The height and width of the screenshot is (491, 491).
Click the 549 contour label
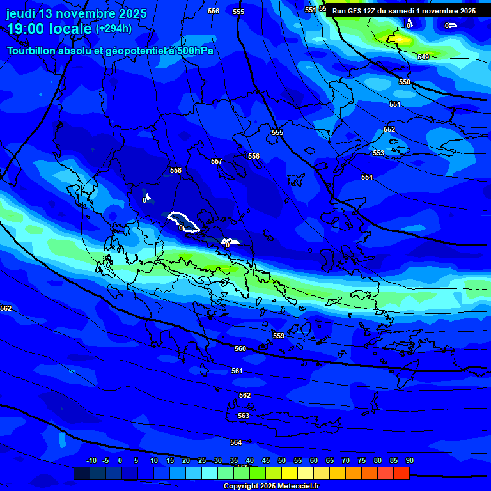pyautogui.click(x=423, y=57)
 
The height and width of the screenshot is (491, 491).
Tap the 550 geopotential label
pyautogui.click(x=405, y=82)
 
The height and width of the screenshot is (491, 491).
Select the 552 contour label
pyautogui.click(x=389, y=129)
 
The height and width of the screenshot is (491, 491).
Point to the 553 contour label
pyautogui.click(x=378, y=153)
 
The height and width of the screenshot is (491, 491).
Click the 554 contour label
pyautogui.click(x=367, y=177)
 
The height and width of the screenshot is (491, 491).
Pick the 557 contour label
pyautogui.click(x=217, y=161)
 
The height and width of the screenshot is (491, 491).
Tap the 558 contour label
pyautogui.click(x=176, y=170)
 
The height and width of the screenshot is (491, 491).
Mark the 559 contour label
pyautogui.click(x=278, y=336)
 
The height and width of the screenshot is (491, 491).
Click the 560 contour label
pyautogui.click(x=240, y=348)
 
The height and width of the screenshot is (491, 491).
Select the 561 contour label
pyautogui.click(x=237, y=371)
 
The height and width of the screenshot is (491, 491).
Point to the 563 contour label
pyautogui.click(x=244, y=416)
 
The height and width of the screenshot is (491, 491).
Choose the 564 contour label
pyautogui.click(x=236, y=442)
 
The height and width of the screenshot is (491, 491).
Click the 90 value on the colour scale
pyautogui.click(x=409, y=460)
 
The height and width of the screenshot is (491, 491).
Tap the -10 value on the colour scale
pyautogui.click(x=91, y=460)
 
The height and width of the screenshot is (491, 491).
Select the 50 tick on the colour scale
pyautogui.click(x=282, y=460)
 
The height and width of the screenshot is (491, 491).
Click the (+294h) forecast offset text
pyautogui.click(x=114, y=28)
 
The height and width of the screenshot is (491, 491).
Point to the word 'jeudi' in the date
pyautogui.click(x=22, y=13)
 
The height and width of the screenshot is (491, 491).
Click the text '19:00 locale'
pyautogui.click(x=49, y=29)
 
